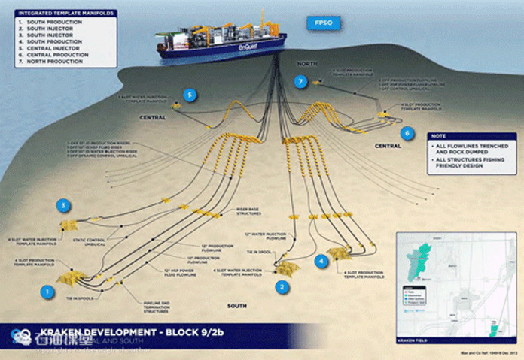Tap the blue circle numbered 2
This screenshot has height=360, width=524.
pyautogui.click(x=282, y=286)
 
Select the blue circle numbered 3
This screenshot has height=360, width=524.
pyautogui.click(x=65, y=205)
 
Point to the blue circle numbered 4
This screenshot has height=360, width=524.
pyautogui.click(x=321, y=261)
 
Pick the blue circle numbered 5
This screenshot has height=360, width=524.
pyautogui.click(x=190, y=95)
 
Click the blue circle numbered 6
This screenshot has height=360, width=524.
pyautogui.click(x=407, y=133)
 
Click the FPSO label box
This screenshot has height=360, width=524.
pyautogui.click(x=324, y=23)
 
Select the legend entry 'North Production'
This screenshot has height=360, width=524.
pyautogui.click(x=55, y=60)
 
